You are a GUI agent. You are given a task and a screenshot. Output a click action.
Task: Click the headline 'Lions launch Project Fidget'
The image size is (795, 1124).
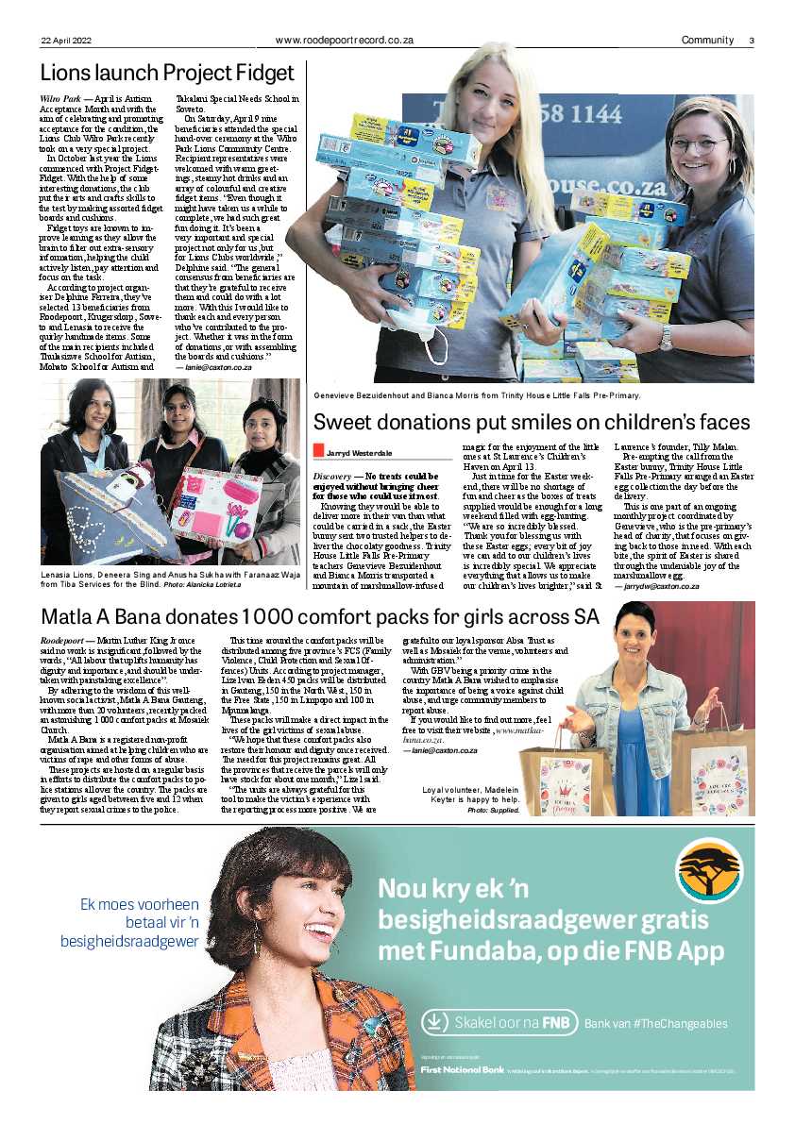[x=167, y=74]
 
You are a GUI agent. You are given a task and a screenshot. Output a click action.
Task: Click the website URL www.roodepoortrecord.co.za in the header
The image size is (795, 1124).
[x=345, y=40]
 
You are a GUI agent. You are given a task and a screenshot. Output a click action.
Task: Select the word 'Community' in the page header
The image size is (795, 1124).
[x=707, y=40]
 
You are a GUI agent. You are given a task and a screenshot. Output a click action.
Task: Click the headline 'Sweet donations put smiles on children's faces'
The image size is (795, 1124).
[x=532, y=422]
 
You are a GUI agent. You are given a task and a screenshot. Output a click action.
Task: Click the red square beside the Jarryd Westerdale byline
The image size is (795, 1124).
[x=318, y=454]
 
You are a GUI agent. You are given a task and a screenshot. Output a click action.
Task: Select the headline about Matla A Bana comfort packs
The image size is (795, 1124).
[x=319, y=616]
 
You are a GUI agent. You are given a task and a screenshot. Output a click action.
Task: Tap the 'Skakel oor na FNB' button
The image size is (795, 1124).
[x=499, y=1022]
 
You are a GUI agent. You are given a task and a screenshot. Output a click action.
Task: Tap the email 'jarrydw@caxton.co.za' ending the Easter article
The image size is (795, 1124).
[x=656, y=586]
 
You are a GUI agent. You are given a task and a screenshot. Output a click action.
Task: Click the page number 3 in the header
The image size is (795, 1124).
[x=752, y=40]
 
